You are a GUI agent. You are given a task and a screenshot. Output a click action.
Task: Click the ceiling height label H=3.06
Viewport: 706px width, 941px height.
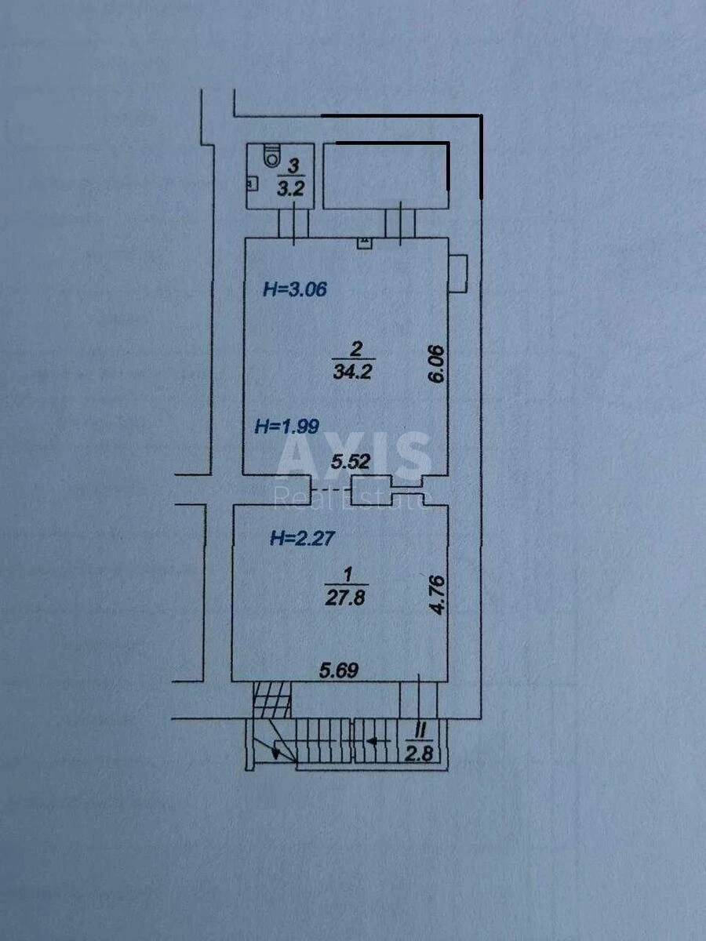click(x=295, y=289)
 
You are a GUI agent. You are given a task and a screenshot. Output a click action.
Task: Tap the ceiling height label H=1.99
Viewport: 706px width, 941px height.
click(x=287, y=427)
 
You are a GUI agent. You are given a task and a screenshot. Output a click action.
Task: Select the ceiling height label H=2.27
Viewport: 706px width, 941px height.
click(x=302, y=538)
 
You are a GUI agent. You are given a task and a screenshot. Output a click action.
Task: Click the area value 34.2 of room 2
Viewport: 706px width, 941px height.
click(x=352, y=372)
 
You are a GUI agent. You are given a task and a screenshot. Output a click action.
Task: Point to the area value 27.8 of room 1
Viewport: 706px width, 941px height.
click(x=345, y=598)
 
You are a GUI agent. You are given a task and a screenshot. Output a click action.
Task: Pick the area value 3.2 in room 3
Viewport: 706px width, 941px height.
click(x=290, y=189)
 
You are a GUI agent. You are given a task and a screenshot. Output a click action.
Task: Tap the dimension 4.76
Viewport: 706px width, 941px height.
click(x=438, y=595)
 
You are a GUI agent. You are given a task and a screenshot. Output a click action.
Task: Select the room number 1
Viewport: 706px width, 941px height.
click(x=348, y=575)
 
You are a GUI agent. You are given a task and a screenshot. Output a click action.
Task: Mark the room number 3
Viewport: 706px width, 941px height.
click(x=293, y=167)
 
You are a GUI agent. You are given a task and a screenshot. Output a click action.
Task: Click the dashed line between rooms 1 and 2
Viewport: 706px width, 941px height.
click(x=331, y=489)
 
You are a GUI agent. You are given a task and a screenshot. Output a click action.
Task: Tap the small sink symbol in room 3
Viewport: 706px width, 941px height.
click(x=252, y=183)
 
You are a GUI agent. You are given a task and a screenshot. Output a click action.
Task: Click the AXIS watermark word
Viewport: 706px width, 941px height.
click(x=353, y=456)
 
